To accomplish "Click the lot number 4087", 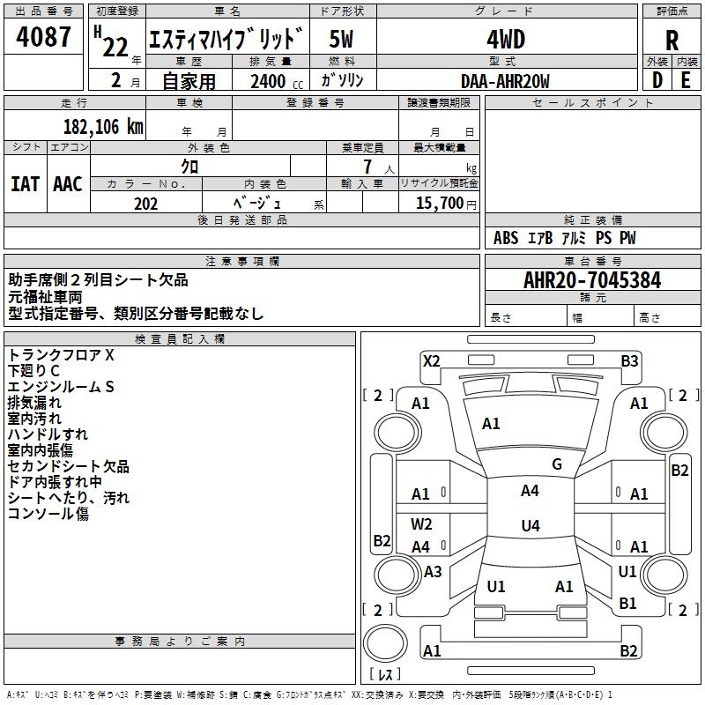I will pyautogui.click(x=43, y=38).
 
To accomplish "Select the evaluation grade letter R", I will pyautogui.click(x=672, y=40).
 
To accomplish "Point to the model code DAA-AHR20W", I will pyautogui.click(x=505, y=81).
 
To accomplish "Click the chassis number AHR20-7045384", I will pyautogui.click(x=592, y=280).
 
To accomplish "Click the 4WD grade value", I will pyautogui.click(x=505, y=40).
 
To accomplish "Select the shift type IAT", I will pyautogui.click(x=25, y=184).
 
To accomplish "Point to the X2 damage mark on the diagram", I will pyautogui.click(x=431, y=360).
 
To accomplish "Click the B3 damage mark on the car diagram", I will pyautogui.click(x=629, y=360).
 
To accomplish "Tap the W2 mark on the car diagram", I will pyautogui.click(x=421, y=524).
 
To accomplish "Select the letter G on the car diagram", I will pyautogui.click(x=557, y=464).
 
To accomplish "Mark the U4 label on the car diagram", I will pyautogui.click(x=530, y=526).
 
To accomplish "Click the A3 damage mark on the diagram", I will pyautogui.click(x=433, y=572).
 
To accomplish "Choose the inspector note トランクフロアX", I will pyautogui.click(x=62, y=355).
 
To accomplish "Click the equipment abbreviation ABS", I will pyautogui.click(x=506, y=238).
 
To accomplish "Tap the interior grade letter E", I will pyautogui.click(x=686, y=80).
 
